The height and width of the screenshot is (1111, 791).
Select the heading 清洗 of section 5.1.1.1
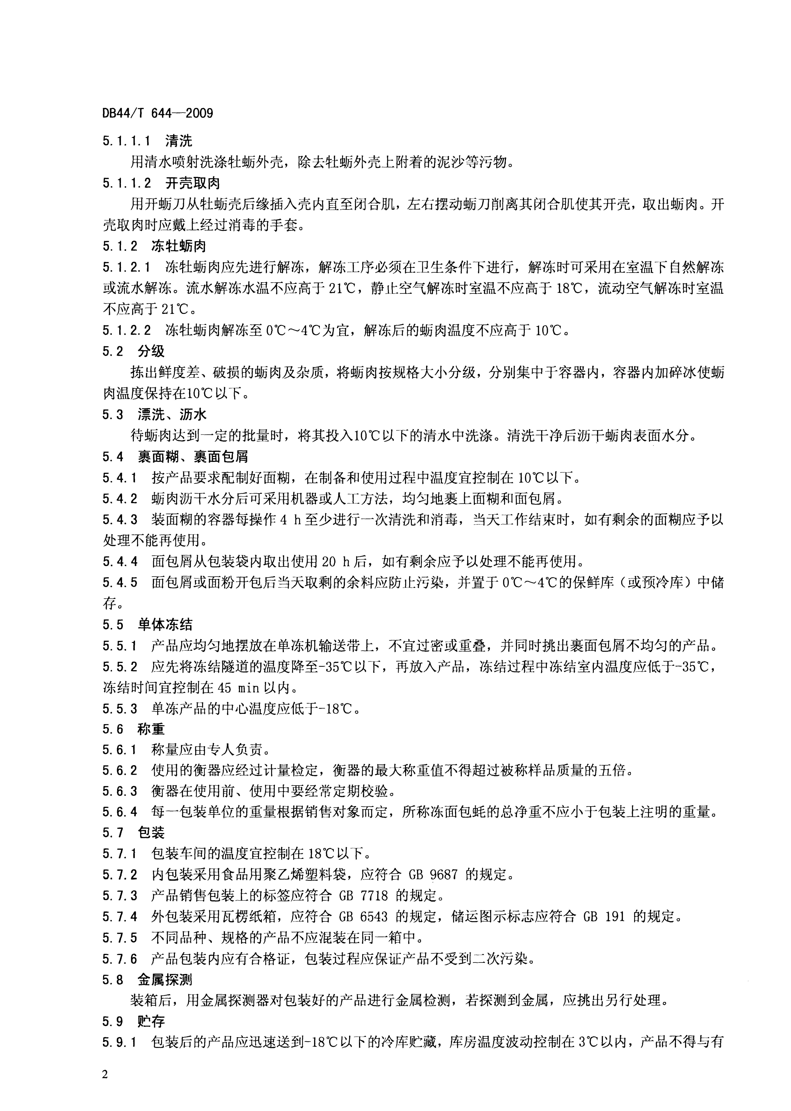click(179, 141)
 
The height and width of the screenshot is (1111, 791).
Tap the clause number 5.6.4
click(120, 812)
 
